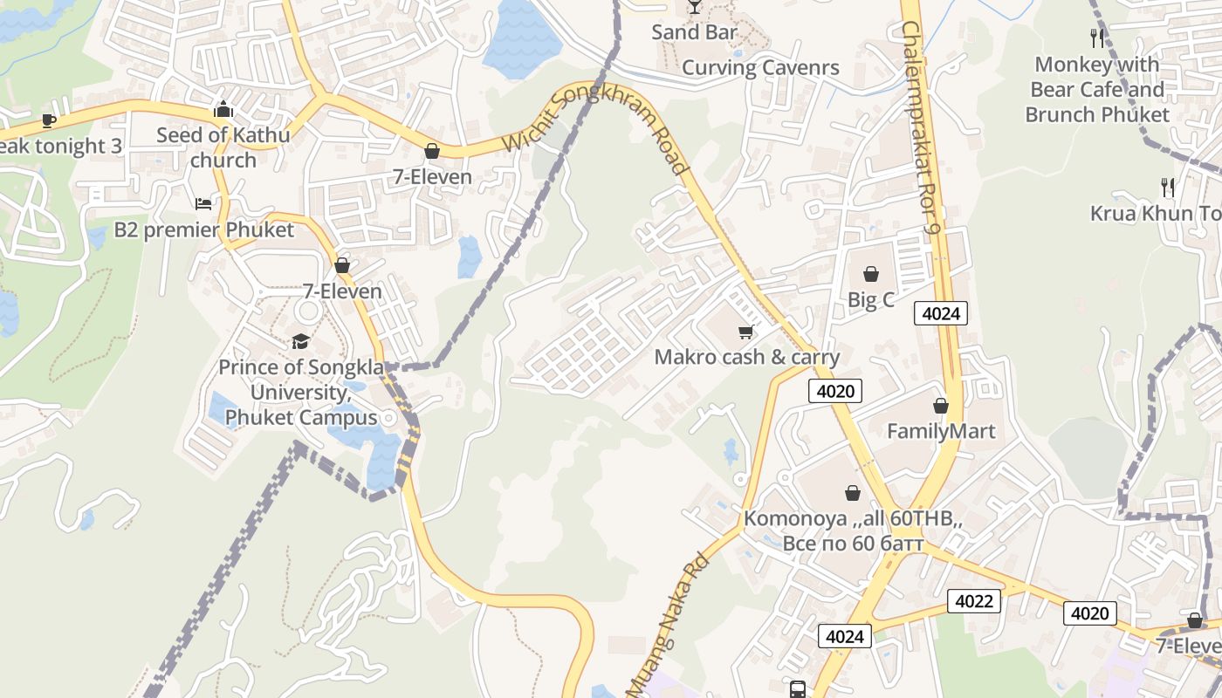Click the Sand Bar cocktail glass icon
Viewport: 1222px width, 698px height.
(x=694, y=7)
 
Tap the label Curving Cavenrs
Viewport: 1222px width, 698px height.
(x=760, y=68)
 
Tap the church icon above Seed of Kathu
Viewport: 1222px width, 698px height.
(x=223, y=110)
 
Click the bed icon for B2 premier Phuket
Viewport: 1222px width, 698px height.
(x=203, y=204)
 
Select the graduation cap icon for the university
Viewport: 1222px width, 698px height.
(x=300, y=341)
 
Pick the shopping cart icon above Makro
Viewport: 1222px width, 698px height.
(x=746, y=332)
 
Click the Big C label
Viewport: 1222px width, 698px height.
(x=871, y=300)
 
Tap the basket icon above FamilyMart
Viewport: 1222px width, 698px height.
(x=941, y=406)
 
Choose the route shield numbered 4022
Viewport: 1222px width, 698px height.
(x=973, y=601)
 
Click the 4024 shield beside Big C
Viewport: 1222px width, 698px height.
(x=941, y=313)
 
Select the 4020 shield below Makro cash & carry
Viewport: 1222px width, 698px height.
(x=835, y=391)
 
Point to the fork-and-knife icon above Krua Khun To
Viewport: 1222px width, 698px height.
(x=1168, y=187)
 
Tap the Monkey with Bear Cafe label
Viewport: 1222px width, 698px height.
(x=1097, y=89)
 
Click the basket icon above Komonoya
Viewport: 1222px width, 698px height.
(x=853, y=493)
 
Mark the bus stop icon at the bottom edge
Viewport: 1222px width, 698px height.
(x=797, y=689)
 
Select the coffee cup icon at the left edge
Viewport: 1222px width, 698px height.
(x=48, y=120)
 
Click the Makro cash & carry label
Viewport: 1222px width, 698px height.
(x=747, y=357)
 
